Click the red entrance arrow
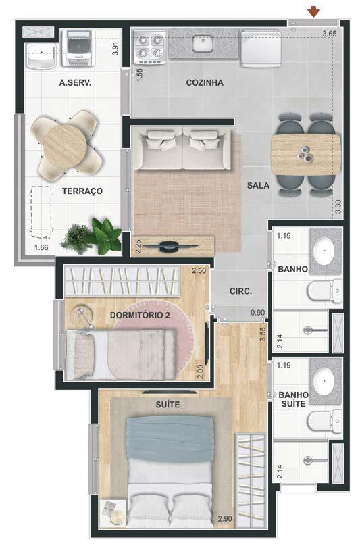313,12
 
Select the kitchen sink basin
203,43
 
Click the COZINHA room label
205,82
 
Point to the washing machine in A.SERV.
78,48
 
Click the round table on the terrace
65,145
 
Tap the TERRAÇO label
82,191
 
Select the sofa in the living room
183,149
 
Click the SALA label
258,186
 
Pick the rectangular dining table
306,155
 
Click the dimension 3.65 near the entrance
330,34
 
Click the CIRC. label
240,291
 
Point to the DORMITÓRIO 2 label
140,315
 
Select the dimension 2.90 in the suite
225,519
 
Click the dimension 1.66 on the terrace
41,247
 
